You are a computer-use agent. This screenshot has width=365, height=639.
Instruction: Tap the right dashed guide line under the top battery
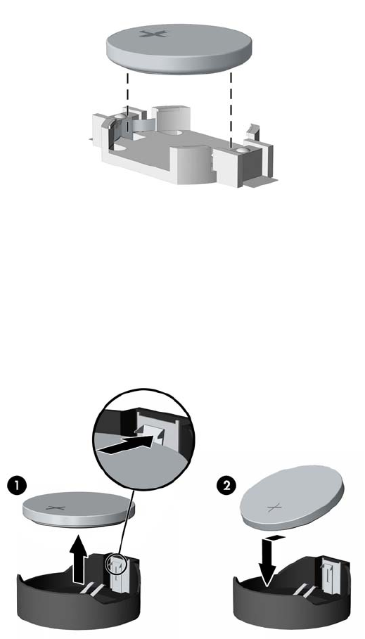[231, 110]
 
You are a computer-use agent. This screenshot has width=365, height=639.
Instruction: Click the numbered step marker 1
[17, 487]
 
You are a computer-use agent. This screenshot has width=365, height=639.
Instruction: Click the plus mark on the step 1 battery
[56, 508]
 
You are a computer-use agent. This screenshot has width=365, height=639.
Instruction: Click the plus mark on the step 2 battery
[274, 508]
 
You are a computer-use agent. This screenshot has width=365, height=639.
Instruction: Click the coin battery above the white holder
[179, 49]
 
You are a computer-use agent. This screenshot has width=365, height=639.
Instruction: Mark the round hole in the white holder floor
[172, 133]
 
